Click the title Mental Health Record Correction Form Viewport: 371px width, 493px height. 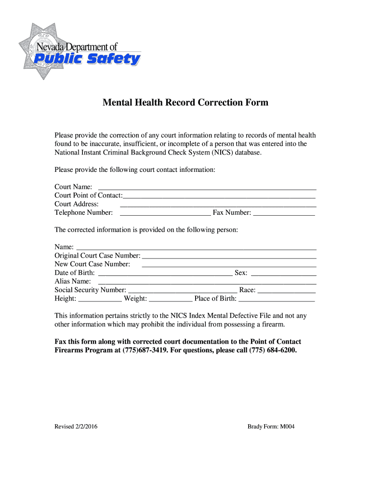[185, 103]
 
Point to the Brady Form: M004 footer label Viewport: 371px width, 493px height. [271, 427]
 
